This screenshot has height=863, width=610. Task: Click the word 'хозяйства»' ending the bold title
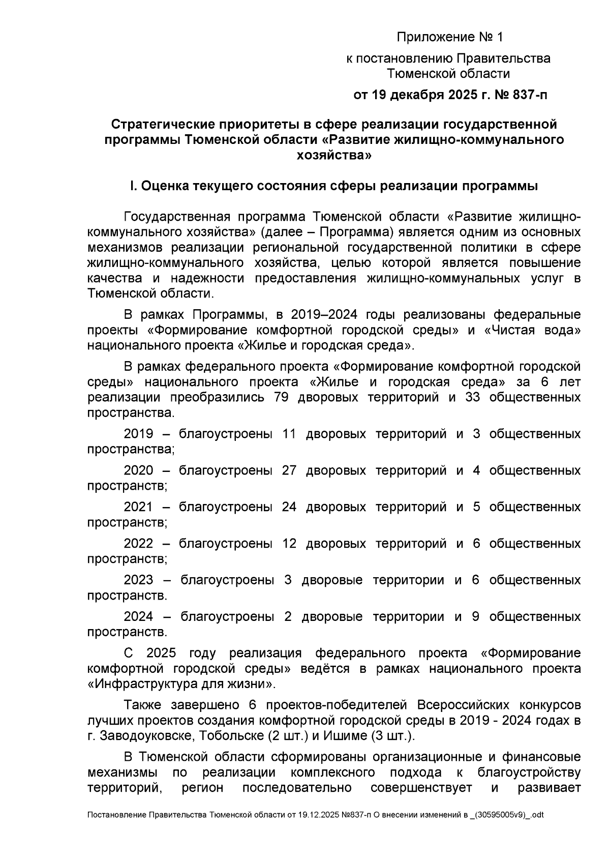pyautogui.click(x=334, y=155)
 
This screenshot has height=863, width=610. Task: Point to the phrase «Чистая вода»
pyautogui.click(x=533, y=330)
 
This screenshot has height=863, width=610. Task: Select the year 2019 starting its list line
pyautogui.click(x=138, y=434)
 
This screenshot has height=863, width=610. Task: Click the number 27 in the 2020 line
pyautogui.click(x=289, y=470)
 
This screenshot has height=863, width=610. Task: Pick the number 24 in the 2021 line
pyautogui.click(x=289, y=507)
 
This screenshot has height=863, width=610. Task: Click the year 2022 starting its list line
pyautogui.click(x=138, y=544)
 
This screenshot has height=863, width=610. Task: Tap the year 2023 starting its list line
pyautogui.click(x=138, y=580)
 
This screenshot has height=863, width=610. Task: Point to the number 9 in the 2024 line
pyautogui.click(x=476, y=617)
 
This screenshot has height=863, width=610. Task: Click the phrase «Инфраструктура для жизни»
pyautogui.click(x=180, y=684)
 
